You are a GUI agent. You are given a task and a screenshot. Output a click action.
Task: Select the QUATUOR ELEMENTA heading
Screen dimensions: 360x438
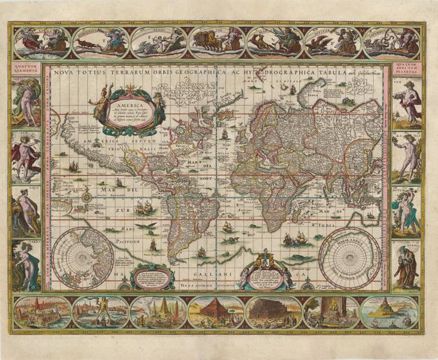point(24,68)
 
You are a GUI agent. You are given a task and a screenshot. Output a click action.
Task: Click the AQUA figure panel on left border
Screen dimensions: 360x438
point(25,210)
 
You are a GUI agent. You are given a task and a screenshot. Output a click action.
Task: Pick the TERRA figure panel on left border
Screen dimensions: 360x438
point(25,264)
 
